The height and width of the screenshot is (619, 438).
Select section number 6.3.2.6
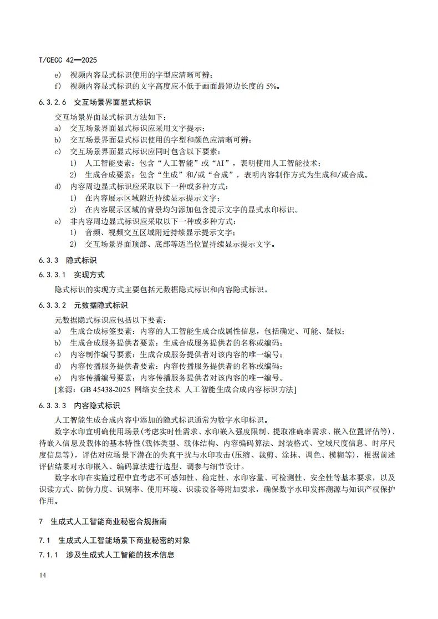pyautogui.click(x=53, y=103)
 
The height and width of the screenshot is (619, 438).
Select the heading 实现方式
pyautogui.click(x=89, y=275)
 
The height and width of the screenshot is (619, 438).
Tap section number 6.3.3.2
pyautogui.click(x=53, y=305)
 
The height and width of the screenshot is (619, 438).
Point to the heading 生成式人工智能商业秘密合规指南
pyautogui.click(x=116, y=522)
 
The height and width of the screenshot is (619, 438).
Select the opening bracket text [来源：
pyautogui.click(x=68, y=390)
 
